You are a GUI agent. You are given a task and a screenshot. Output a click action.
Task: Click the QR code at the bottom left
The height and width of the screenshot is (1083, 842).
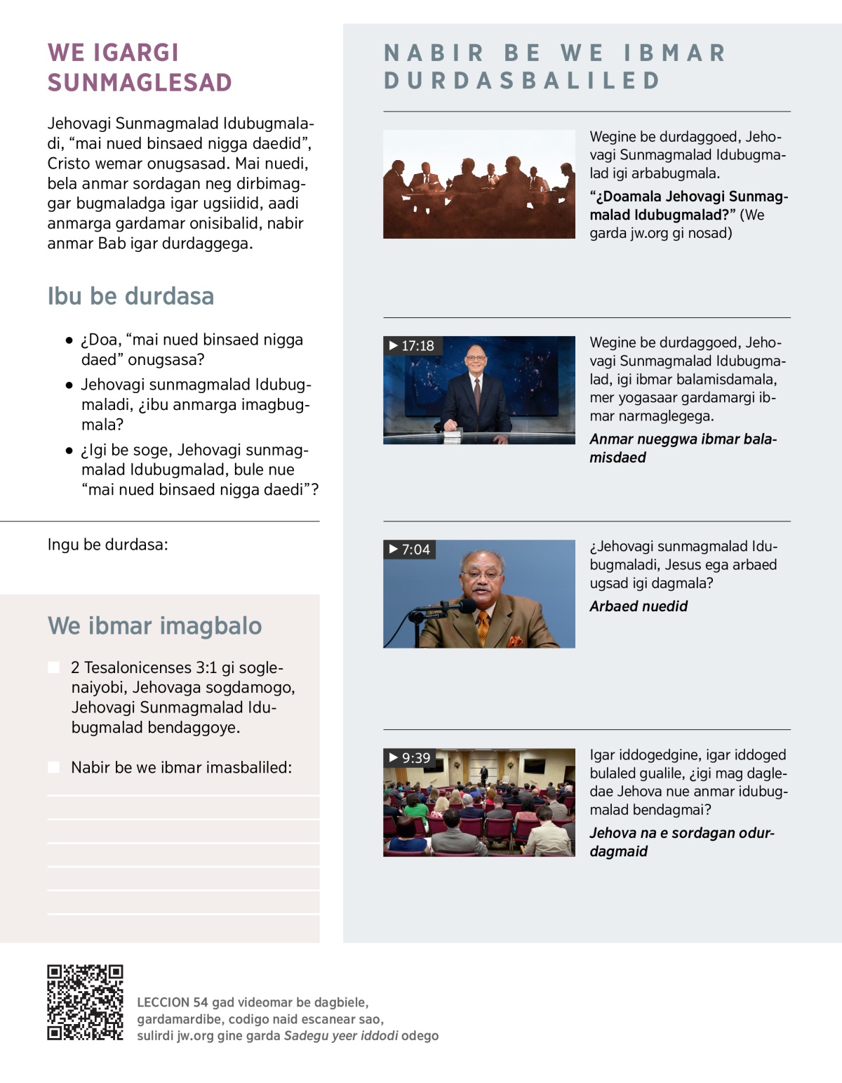(85, 1002)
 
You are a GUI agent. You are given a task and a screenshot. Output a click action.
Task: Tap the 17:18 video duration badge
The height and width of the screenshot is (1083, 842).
(413, 345)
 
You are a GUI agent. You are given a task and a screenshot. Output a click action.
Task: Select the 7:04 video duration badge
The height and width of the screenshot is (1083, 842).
(410, 549)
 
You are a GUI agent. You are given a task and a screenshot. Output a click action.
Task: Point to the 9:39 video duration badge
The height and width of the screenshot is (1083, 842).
(410, 758)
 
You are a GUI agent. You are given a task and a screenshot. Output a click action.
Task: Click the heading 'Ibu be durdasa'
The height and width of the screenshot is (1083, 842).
(131, 296)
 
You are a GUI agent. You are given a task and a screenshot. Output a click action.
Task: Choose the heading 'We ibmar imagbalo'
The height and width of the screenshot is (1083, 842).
(154, 625)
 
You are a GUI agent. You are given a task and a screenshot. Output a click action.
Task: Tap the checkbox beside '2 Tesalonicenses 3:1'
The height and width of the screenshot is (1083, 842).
(54, 667)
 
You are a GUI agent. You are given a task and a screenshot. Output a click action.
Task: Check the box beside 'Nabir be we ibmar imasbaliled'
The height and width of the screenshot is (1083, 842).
(54, 767)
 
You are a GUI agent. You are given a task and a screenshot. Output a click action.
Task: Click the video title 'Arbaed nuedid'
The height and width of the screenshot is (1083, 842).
(639, 606)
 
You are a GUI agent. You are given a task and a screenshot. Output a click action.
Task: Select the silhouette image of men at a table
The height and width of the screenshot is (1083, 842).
(479, 184)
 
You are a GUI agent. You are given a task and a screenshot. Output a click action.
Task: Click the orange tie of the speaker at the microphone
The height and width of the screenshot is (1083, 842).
(483, 625)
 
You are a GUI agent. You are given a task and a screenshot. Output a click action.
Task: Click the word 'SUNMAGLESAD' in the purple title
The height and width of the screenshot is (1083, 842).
(140, 83)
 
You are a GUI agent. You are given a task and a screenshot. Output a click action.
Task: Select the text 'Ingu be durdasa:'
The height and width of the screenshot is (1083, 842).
(108, 545)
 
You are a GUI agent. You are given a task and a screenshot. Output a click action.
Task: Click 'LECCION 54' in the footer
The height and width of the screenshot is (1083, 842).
(173, 1002)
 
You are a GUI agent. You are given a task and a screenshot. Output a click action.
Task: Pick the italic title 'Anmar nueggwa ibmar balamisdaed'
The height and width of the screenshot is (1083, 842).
(683, 448)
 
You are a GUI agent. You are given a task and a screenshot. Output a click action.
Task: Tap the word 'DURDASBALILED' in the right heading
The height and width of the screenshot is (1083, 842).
(523, 81)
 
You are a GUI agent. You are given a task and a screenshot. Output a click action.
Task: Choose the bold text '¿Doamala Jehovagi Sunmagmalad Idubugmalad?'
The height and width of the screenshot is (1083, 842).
(688, 206)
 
